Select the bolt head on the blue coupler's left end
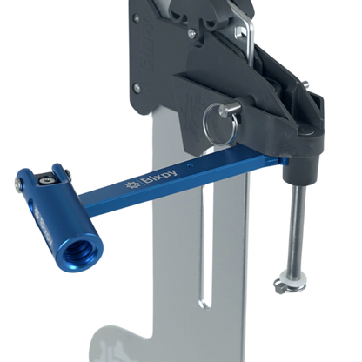(x=20, y=184)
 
